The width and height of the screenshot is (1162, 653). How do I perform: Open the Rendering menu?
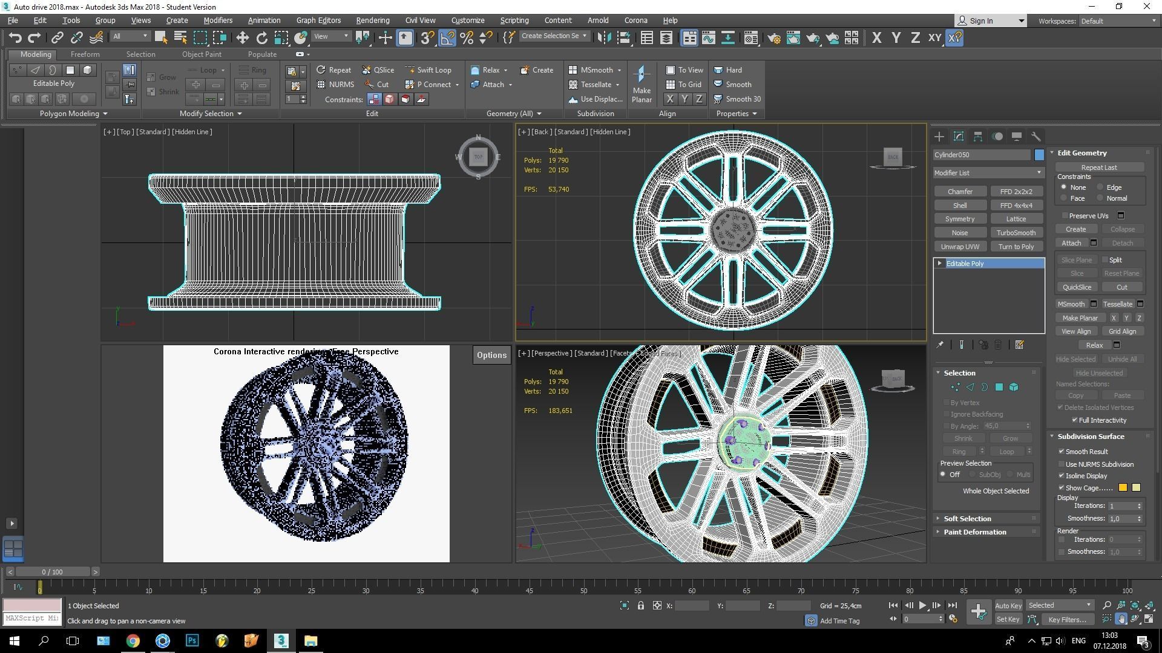click(x=372, y=20)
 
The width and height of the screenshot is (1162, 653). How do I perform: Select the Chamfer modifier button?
click(x=960, y=192)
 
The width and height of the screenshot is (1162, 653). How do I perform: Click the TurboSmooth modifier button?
click(x=1016, y=233)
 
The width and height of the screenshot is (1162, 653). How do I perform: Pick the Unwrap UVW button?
click(x=960, y=247)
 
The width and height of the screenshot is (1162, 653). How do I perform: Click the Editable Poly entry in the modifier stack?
click(x=965, y=264)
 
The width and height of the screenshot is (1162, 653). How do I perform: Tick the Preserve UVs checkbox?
click(x=1065, y=216)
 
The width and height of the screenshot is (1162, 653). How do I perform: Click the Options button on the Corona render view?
click(x=491, y=355)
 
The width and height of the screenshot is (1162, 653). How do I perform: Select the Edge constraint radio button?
click(x=1100, y=187)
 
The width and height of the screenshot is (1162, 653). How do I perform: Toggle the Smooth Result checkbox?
click(x=1062, y=452)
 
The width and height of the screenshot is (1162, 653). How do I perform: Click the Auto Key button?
click(x=1008, y=605)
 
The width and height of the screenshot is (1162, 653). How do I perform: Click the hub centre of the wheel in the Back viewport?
click(x=733, y=229)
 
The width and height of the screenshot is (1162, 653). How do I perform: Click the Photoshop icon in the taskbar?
click(x=192, y=640)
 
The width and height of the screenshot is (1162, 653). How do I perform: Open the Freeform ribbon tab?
click(x=85, y=54)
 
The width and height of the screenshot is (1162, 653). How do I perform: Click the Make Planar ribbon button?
click(x=642, y=85)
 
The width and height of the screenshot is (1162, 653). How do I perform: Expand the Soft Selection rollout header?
click(x=967, y=519)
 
